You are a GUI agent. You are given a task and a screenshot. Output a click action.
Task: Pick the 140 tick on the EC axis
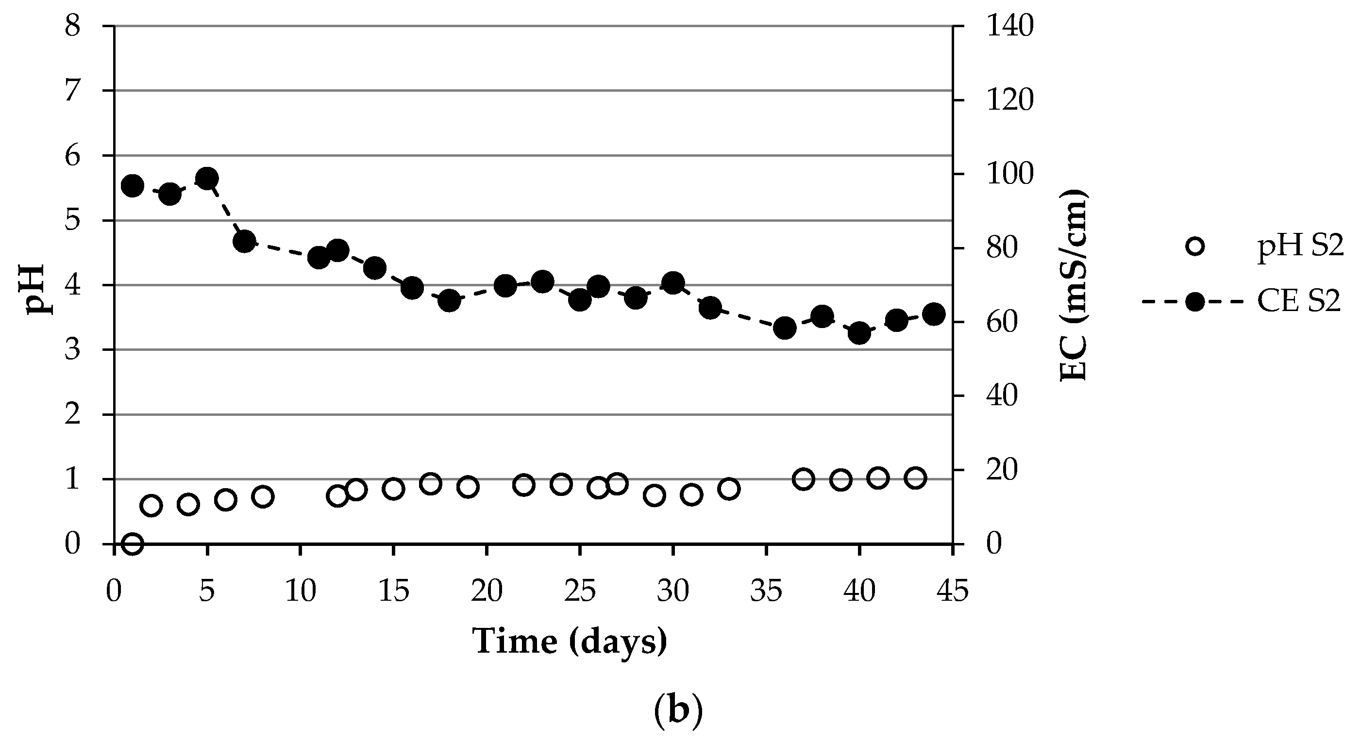1009,26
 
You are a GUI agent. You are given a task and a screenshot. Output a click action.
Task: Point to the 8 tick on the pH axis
72,25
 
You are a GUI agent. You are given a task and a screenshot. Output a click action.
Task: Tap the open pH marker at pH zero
132,543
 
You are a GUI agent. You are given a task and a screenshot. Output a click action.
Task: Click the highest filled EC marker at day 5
207,178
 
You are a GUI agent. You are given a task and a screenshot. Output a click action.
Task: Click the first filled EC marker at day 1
132,186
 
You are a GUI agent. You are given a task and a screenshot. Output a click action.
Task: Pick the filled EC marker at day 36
785,329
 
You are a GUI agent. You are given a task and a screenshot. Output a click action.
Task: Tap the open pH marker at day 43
915,478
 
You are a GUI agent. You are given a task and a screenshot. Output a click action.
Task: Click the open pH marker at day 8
263,496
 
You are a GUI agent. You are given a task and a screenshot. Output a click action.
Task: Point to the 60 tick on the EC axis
1001,322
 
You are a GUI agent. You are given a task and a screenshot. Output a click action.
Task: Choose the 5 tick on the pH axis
72,220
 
